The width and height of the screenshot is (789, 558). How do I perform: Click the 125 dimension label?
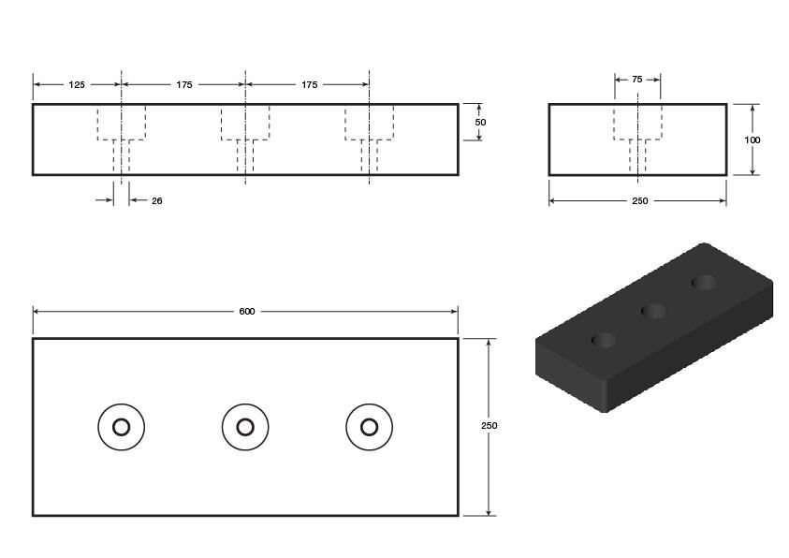point(77,85)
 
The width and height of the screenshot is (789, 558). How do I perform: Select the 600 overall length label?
point(246,312)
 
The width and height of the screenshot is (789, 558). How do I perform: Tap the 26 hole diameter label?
point(157,200)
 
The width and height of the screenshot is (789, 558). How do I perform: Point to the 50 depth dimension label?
point(480,123)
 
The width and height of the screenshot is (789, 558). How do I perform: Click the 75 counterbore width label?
point(637,80)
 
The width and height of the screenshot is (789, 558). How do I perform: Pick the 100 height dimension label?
point(752,139)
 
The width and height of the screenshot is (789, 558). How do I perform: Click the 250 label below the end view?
point(640,200)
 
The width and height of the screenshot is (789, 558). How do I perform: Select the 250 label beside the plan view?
point(489,426)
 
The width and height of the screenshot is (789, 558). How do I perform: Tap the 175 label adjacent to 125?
point(184,85)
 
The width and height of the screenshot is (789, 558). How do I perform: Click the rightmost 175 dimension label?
point(310,85)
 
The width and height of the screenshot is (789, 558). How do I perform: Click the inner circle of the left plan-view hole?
point(122,419)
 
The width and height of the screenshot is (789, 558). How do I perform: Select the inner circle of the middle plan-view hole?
point(245,419)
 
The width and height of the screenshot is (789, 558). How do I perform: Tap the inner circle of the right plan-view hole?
point(370,419)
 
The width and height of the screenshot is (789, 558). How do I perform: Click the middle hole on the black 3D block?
point(653,312)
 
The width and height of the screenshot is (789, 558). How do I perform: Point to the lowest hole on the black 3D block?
point(604,341)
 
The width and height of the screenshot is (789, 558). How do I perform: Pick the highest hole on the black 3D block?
point(704,282)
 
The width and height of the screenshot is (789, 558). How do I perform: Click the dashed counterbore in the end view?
point(638,139)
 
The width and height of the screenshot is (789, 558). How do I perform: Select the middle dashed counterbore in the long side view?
point(245,139)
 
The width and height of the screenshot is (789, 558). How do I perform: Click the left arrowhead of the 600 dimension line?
point(37,312)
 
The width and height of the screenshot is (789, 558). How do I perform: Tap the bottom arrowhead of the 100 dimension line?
point(752,171)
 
